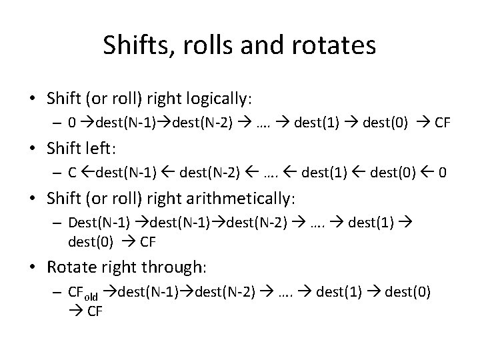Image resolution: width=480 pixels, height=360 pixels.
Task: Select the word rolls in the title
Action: [x=207, y=45]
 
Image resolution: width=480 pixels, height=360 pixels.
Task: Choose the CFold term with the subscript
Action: [x=83, y=292]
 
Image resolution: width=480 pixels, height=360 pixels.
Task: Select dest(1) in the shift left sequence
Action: [x=325, y=173]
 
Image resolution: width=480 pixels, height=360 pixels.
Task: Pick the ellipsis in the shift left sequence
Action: [x=274, y=173]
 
